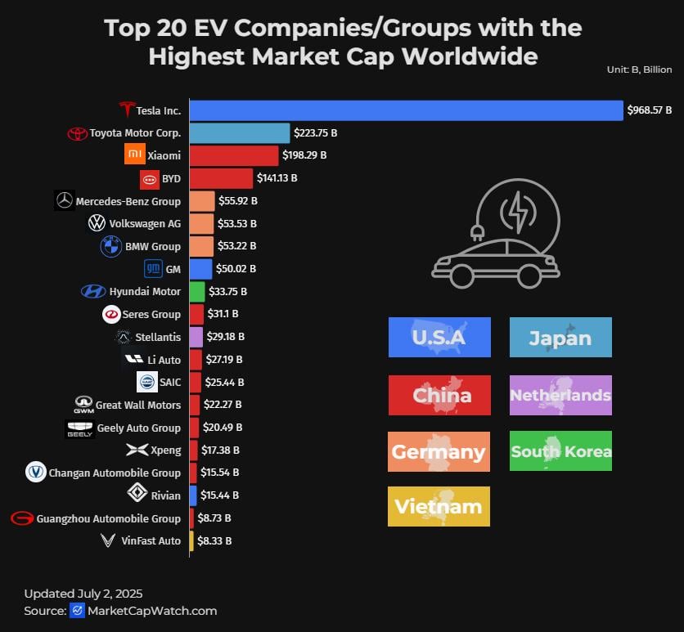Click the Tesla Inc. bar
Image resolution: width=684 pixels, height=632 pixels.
tap(406, 110)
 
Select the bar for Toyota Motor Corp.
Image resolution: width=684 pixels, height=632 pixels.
tap(240, 133)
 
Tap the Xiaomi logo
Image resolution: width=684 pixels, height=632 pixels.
tap(135, 155)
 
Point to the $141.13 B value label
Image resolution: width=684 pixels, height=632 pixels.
tap(277, 177)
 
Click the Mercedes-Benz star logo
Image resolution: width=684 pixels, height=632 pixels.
tap(64, 200)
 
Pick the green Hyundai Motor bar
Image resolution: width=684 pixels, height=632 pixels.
tap(196, 291)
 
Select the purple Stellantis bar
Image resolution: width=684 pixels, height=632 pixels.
tap(196, 337)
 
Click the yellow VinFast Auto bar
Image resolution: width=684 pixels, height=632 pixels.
tap(191, 540)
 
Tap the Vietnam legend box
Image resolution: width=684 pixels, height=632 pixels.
tap(439, 506)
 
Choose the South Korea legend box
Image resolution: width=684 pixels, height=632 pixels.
tap(560, 451)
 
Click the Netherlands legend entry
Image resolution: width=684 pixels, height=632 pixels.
tap(560, 396)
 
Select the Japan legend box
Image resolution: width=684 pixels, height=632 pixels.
tap(560, 338)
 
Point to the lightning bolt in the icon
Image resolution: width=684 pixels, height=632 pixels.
tap(519, 211)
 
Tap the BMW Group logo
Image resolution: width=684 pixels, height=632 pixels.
tap(110, 246)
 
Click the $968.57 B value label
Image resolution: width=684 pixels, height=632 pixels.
tap(649, 110)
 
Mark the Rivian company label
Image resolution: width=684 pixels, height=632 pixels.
tap(165, 495)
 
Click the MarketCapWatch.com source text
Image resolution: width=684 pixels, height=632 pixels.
tap(152, 611)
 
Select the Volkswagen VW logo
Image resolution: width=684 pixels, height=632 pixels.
tap(97, 223)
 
